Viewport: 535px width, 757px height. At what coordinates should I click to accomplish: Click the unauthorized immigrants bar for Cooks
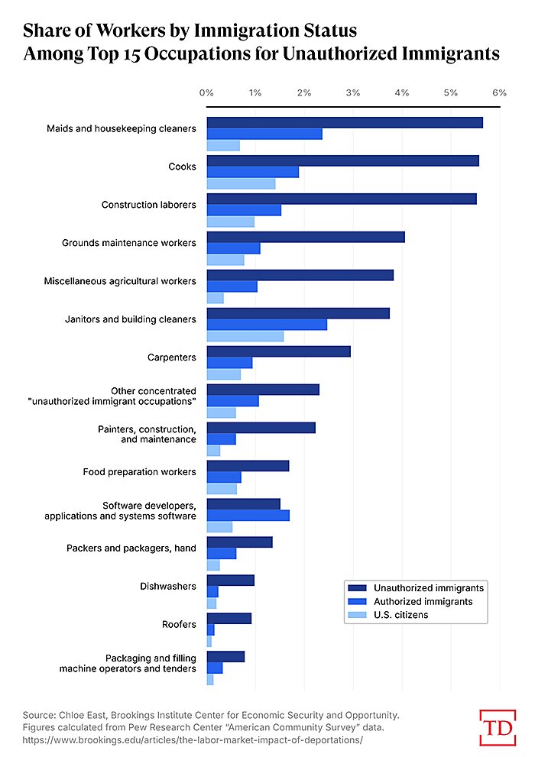coord(342,160)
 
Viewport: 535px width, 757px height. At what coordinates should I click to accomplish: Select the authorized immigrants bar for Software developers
coord(248,516)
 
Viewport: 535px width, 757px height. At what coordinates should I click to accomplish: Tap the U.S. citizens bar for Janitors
coord(245,336)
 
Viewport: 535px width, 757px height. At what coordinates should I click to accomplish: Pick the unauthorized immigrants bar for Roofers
coord(229,619)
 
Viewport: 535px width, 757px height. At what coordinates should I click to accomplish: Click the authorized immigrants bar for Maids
coord(264,134)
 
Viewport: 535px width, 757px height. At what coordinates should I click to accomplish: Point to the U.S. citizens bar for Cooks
coord(241,183)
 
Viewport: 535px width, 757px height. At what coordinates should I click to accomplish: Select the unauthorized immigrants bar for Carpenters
coord(278,351)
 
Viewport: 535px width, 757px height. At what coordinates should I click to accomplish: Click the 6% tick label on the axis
coord(499,92)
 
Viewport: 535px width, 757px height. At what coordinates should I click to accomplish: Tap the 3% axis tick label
coord(352,92)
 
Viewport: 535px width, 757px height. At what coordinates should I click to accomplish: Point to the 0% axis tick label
coord(206,92)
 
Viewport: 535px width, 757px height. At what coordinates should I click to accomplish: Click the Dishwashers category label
coord(168,587)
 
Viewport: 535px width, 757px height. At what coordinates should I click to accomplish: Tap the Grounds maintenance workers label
coord(129,243)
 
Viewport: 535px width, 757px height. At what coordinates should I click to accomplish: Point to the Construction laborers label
coord(149,205)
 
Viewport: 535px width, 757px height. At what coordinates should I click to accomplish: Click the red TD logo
coord(497,726)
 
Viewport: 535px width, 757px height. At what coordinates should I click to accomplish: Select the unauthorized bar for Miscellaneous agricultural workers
coord(300,275)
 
